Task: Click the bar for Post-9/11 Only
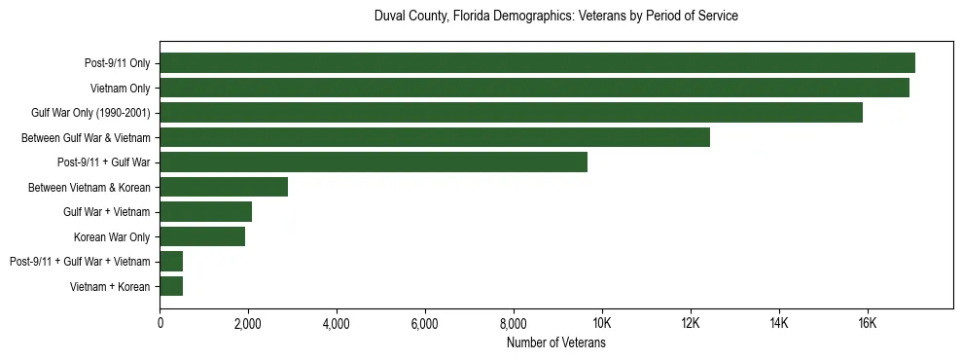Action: point(537,63)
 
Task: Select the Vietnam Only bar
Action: point(534,88)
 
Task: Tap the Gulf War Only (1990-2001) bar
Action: point(511,113)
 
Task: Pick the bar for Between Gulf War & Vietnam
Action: point(435,137)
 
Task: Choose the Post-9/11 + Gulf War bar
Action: point(374,162)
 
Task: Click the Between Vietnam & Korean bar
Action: point(224,187)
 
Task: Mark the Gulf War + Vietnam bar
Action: point(205,211)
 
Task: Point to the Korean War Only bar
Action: point(202,236)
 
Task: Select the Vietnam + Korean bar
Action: point(171,286)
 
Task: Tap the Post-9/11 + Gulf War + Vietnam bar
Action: point(171,261)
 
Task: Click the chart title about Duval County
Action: point(556,17)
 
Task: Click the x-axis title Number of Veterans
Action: point(556,342)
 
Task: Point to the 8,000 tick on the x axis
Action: point(514,323)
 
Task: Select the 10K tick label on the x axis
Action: point(602,323)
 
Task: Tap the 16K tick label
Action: point(867,323)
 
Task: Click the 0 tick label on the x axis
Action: point(160,323)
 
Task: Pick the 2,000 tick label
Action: point(248,323)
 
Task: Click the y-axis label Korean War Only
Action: point(112,236)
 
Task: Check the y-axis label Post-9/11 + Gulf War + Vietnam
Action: point(80,261)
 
